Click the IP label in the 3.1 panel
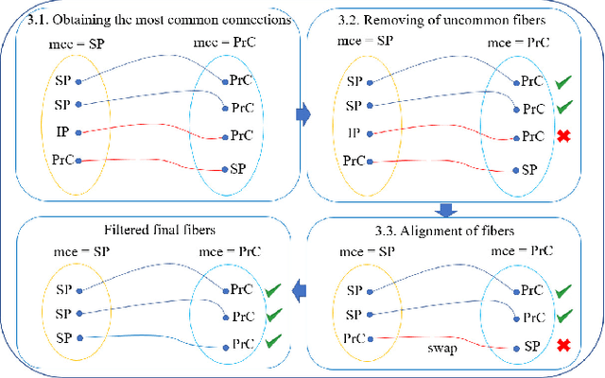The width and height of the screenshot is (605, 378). pos(62,131)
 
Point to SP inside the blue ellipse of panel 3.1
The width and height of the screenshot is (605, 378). pos(239,169)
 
